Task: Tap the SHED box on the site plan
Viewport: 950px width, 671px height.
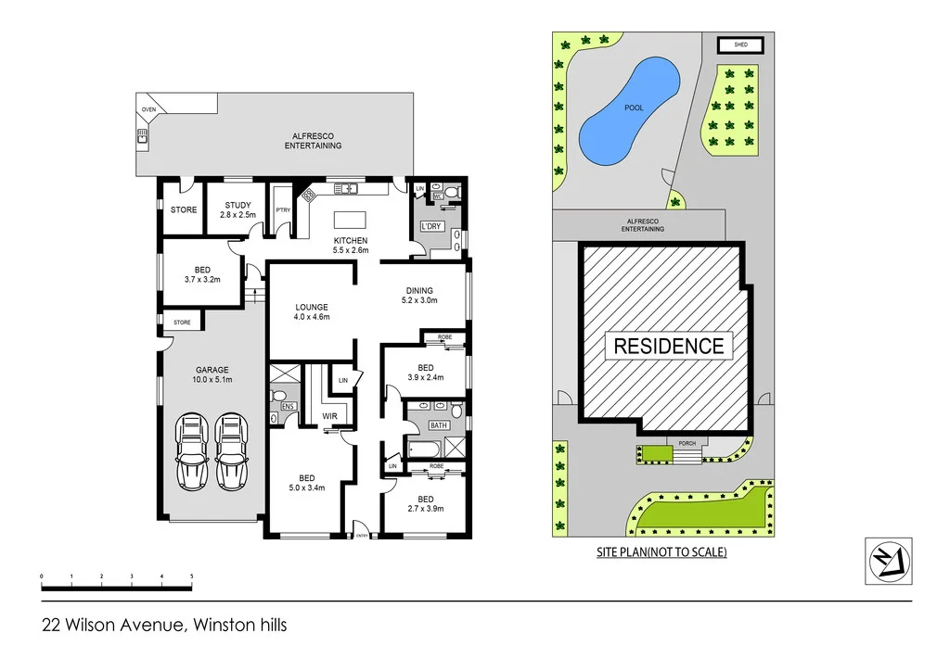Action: coord(740,44)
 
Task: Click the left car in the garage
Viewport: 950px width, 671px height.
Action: coord(193,451)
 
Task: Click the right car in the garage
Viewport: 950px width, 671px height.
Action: coord(231,451)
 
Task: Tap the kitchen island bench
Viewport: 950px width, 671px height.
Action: coord(351,221)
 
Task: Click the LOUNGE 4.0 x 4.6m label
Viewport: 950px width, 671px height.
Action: coord(312,311)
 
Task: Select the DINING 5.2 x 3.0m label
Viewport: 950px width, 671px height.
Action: coord(419,295)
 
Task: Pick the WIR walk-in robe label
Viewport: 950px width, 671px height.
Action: coord(329,416)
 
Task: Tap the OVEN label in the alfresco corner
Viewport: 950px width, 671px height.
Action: coord(148,109)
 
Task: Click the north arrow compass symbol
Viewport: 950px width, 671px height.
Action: coord(888,561)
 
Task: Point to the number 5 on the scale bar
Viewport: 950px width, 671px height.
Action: coord(191,576)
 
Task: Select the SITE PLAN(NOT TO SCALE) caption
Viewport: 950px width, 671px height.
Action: coord(661,552)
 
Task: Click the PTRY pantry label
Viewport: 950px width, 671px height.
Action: coord(283,210)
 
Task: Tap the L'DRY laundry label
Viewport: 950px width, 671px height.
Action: coord(430,227)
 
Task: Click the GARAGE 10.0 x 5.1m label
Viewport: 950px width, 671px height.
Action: coord(212,373)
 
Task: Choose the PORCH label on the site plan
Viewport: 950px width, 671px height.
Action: coord(687,443)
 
